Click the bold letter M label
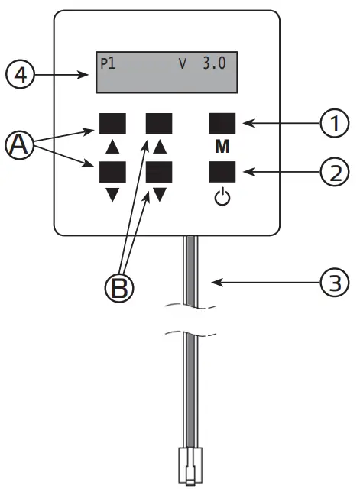click(221, 145)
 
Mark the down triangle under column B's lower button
click(160, 194)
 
